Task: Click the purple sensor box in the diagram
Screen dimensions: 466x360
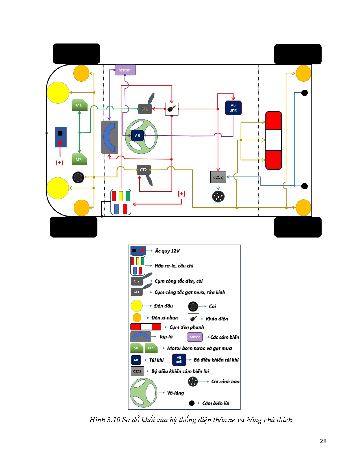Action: coord(125,70)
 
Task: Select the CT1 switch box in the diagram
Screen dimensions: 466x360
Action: coord(145,109)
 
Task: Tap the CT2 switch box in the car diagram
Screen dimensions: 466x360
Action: coord(143,170)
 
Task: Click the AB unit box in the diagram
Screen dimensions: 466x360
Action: coord(233,108)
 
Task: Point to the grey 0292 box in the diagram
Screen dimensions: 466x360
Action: coord(218,177)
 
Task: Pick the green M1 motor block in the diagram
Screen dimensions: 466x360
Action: coord(79,105)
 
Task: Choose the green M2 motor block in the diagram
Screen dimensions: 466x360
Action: coord(79,160)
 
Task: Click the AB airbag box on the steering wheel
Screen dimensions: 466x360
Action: coord(138,136)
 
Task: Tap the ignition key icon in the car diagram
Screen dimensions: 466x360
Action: coord(172,109)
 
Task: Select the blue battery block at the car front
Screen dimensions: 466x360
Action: coord(60,137)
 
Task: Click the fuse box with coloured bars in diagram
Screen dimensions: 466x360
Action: coord(121,202)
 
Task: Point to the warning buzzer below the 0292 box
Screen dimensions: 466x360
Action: coord(218,197)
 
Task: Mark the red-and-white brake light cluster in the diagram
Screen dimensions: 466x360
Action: coord(273,140)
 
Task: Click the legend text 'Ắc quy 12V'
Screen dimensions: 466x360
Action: coord(167,251)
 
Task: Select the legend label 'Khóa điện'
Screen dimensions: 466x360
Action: coord(217,319)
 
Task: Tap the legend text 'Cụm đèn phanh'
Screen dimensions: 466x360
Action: coord(187,327)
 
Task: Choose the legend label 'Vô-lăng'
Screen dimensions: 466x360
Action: coord(175,393)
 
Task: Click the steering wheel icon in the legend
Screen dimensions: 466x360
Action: coord(143,393)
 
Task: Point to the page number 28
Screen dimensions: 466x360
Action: coord(323,441)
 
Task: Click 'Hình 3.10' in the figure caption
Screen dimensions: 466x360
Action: coord(105,420)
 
